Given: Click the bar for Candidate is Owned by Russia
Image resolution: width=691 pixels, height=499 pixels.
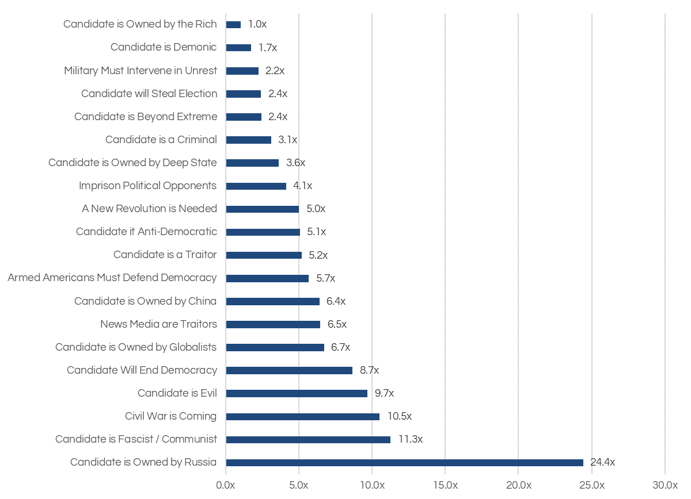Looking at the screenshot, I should pyautogui.click(x=404, y=462).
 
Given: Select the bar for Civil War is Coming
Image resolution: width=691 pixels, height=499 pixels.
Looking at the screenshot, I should pyautogui.click(x=302, y=416).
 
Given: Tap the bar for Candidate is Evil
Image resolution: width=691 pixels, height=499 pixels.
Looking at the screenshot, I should pyautogui.click(x=297, y=393).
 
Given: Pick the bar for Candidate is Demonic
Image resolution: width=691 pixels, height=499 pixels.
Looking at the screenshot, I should pyautogui.click(x=238, y=48).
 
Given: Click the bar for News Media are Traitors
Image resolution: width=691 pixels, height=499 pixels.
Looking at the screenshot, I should pyautogui.click(x=273, y=324).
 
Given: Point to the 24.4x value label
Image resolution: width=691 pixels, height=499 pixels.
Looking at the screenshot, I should pyautogui.click(x=602, y=462).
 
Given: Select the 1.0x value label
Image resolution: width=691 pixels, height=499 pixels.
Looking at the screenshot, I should pyautogui.click(x=257, y=24).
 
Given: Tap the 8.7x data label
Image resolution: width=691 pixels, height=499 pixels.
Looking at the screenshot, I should pyautogui.click(x=369, y=370).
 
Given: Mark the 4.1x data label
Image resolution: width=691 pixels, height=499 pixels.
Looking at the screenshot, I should pyautogui.click(x=302, y=186).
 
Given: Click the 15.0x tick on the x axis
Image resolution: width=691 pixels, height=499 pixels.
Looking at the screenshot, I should pyautogui.click(x=445, y=485).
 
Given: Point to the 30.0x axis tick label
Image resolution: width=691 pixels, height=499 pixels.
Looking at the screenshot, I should pyautogui.click(x=665, y=485).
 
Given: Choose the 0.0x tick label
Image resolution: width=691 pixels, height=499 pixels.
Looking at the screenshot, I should pyautogui.click(x=226, y=485).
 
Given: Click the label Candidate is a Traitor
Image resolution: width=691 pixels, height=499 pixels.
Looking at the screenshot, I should pyautogui.click(x=165, y=255).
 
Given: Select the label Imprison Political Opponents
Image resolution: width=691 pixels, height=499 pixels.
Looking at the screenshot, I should pyautogui.click(x=147, y=186).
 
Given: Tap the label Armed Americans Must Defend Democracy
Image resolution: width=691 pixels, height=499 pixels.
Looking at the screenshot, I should pyautogui.click(x=112, y=278).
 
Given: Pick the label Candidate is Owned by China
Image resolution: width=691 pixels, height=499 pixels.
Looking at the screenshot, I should pyautogui.click(x=145, y=301).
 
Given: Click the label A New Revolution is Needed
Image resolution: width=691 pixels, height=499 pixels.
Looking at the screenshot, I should pyautogui.click(x=149, y=209).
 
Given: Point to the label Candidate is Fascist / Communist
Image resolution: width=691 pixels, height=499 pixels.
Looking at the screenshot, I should pyautogui.click(x=136, y=439).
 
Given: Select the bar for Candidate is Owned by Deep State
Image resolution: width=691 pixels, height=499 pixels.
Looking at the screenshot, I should pyautogui.click(x=252, y=163).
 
